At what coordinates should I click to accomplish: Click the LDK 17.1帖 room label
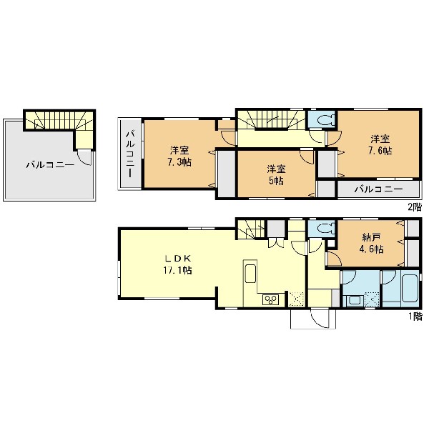tap(177, 264)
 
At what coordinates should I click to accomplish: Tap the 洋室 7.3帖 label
tap(179, 156)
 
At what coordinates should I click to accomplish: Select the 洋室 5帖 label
tap(276, 175)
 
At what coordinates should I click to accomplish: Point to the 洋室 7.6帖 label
tap(380, 145)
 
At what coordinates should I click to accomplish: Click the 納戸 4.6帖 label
tap(371, 244)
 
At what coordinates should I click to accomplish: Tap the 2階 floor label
tap(415, 207)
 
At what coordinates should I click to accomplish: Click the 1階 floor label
tap(415, 317)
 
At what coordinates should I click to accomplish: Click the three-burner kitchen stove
tap(270, 299)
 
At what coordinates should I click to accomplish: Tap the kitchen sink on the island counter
tap(250, 274)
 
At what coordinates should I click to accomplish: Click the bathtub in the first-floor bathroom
tap(410, 288)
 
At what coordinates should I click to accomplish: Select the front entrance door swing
tap(320, 319)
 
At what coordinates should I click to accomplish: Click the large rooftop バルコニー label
tap(50, 165)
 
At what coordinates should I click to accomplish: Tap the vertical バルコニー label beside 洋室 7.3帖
tap(129, 154)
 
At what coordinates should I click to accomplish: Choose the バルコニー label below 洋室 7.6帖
tap(379, 189)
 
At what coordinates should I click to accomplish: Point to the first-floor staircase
tap(250, 229)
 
